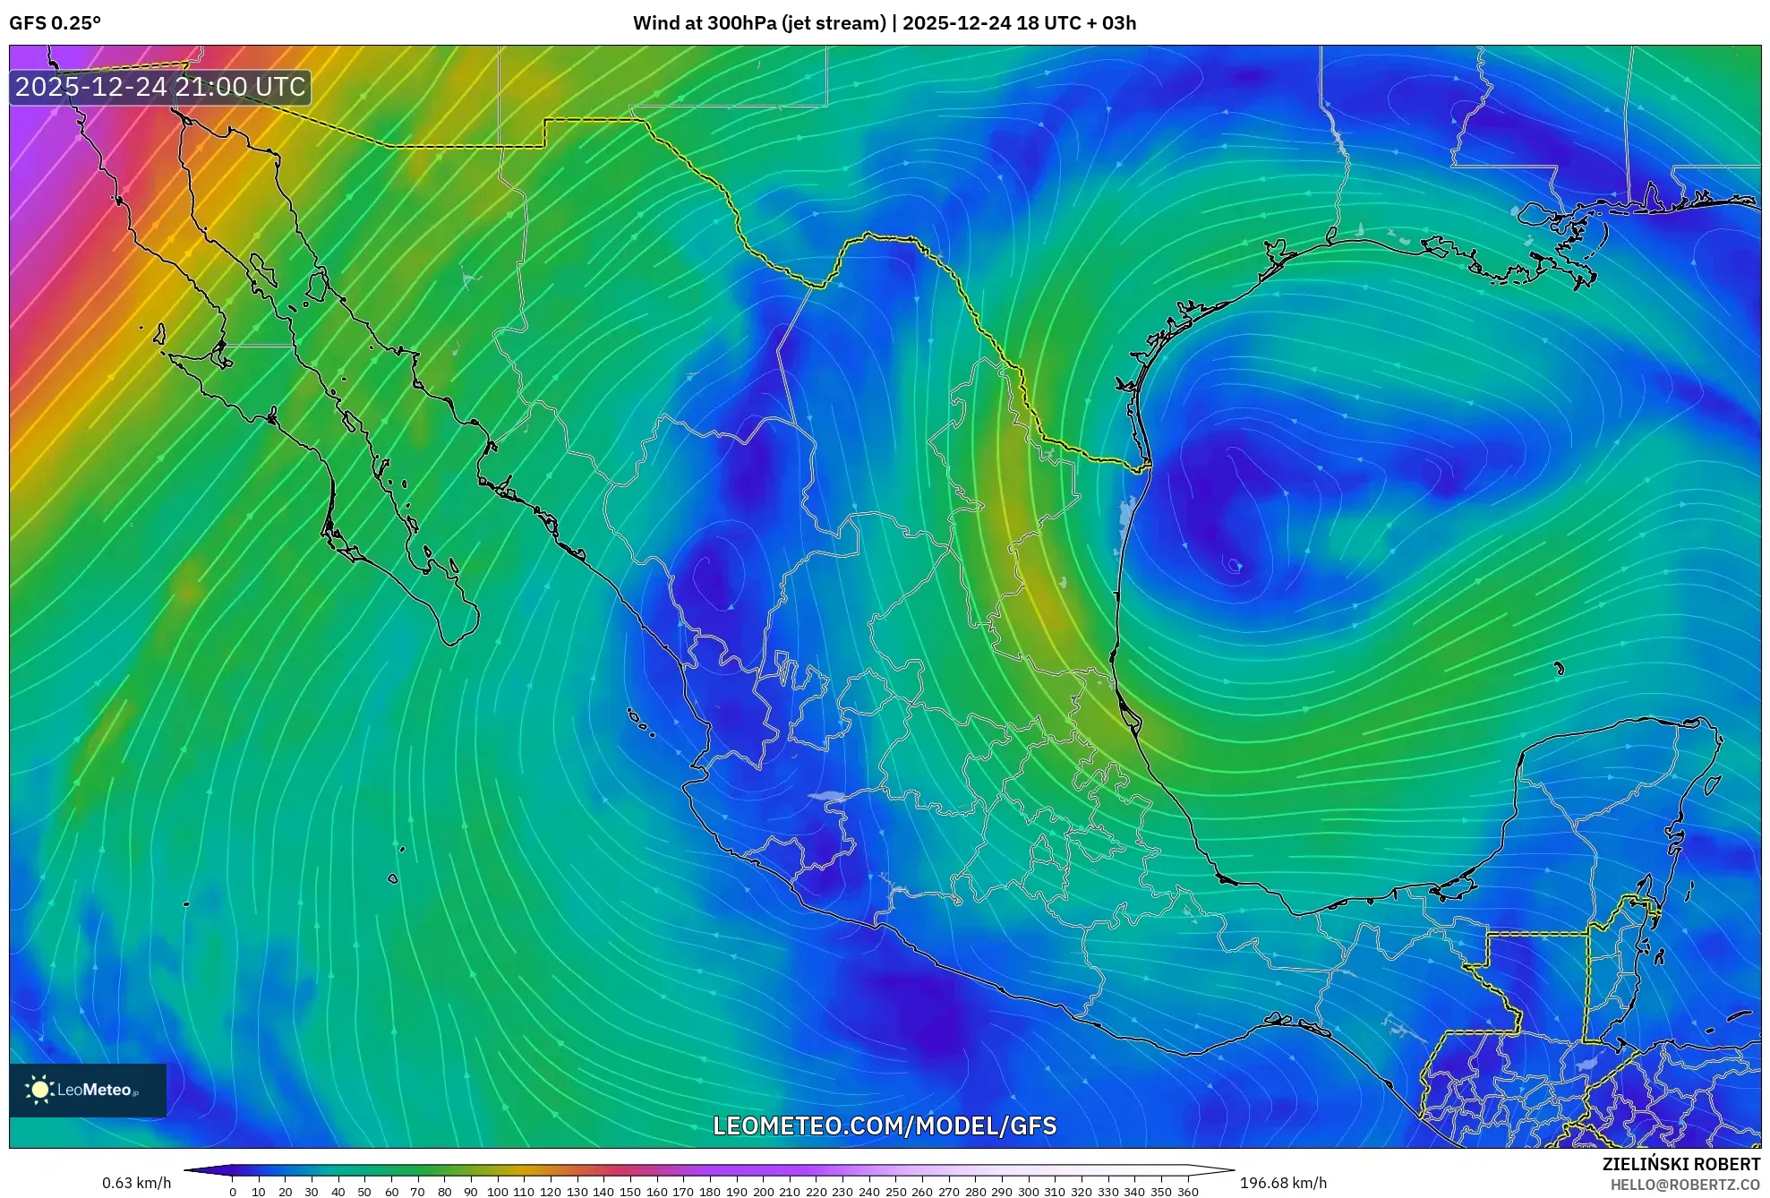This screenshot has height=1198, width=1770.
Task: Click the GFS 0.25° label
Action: click(x=55, y=23)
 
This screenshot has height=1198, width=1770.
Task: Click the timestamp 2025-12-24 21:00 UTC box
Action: click(x=160, y=87)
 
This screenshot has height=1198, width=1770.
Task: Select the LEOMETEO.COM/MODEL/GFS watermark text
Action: click(x=885, y=1125)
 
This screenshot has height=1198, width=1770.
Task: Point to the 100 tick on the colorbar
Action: click(x=497, y=1191)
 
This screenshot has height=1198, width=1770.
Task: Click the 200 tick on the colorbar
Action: click(x=763, y=1191)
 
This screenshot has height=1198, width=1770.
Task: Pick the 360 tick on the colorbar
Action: click(x=1187, y=1191)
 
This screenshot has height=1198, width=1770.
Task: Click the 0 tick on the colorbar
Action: click(x=233, y=1191)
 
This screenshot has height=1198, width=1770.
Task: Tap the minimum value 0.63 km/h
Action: click(x=136, y=1183)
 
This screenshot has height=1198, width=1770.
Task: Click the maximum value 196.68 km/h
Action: click(x=1283, y=1183)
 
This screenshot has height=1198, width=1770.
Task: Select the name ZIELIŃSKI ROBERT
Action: click(x=1680, y=1164)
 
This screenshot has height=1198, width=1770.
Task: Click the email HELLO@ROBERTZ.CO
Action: click(x=1685, y=1185)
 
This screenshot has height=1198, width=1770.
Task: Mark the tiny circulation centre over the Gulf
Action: click(x=1235, y=565)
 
